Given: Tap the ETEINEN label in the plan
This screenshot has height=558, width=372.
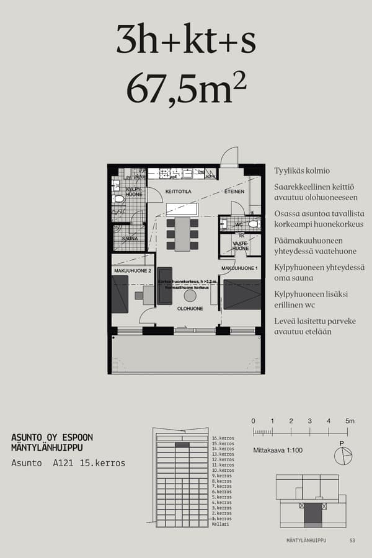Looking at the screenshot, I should pos(234,192).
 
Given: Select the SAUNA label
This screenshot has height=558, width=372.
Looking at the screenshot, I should pos(130,238).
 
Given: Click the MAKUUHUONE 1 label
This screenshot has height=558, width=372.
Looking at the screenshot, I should pos(239,268).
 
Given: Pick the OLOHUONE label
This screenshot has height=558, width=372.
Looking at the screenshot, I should pos(190,308).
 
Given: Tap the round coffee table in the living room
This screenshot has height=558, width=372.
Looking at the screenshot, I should pos(190,296).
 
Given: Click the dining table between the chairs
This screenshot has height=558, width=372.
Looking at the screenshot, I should pos(182,234).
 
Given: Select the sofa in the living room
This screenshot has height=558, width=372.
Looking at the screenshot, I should pos(165,286).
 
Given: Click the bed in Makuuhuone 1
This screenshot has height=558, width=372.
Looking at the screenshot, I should pos(242,294).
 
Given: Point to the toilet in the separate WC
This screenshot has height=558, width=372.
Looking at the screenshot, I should pos(252,224).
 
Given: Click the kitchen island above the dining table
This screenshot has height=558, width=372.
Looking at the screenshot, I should pos(181,210).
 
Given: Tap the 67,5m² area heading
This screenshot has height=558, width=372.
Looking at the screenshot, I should pos(186,89).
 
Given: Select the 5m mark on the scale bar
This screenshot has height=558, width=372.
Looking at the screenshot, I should pos(350,421).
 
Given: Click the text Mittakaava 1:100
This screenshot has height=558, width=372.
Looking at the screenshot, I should pos(278,450).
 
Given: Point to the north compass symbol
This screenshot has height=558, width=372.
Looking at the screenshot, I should pos(342,456).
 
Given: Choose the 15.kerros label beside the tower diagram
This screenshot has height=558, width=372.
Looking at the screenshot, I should pos(223,444).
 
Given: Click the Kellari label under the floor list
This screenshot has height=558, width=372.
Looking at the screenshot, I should pos(220,524).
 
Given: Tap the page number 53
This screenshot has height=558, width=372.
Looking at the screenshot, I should pos(352,540).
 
